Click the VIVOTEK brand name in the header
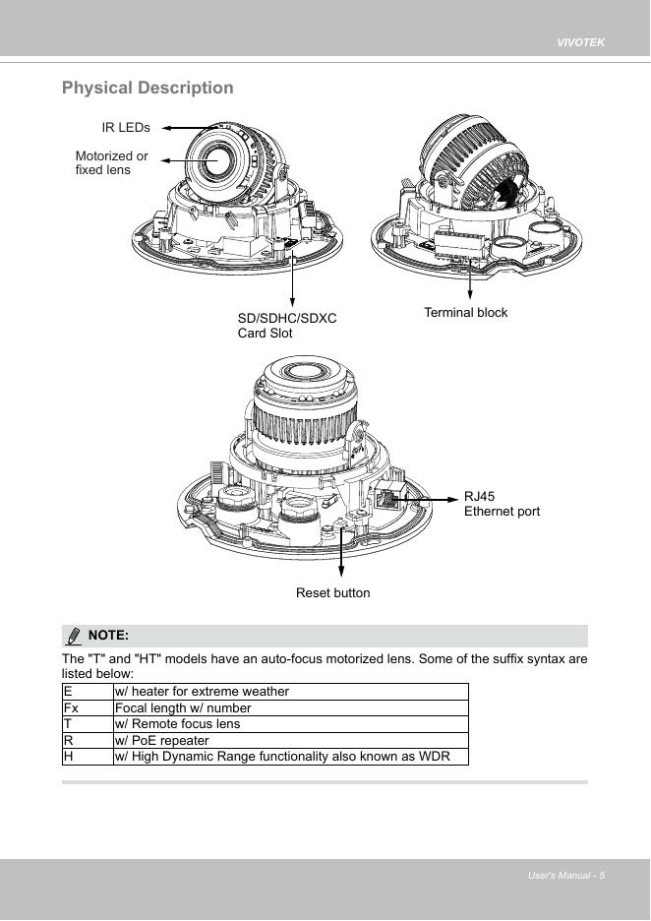tap(580, 43)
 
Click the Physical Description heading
tap(148, 88)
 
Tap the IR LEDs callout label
tap(126, 127)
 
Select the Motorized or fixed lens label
tap(111, 163)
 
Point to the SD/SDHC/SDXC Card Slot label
tap(287, 326)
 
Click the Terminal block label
tap(466, 312)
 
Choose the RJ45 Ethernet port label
tap(502, 504)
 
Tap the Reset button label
tap(333, 592)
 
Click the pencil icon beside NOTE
tap(73, 636)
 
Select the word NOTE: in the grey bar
tap(108, 636)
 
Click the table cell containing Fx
tap(87, 707)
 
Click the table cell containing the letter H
tap(87, 757)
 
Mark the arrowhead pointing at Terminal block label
tap(471, 297)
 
